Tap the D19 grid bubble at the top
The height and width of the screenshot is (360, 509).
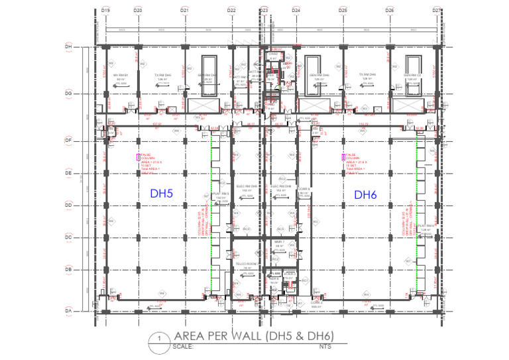point(105,11)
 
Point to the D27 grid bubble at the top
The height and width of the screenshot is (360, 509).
point(437,11)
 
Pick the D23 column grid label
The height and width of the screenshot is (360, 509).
point(263,11)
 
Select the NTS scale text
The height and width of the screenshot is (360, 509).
point(325,346)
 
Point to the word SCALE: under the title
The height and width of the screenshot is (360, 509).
point(182,346)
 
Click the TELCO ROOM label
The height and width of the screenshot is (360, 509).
point(246,265)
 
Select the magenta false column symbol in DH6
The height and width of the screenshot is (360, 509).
point(343,157)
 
